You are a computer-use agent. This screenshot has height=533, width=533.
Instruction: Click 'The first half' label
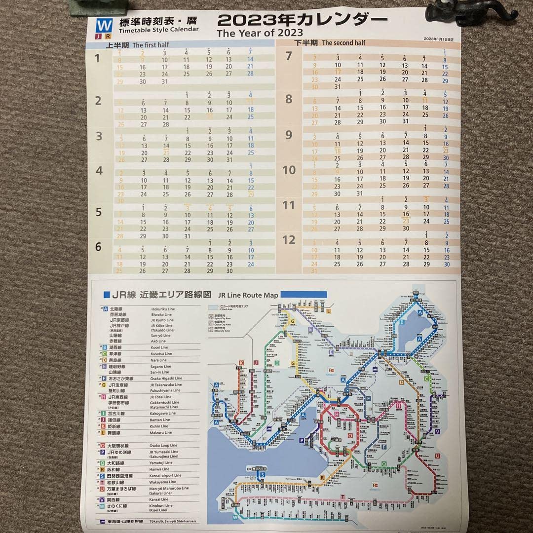[150, 45]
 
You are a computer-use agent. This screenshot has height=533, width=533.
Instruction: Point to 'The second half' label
[343, 43]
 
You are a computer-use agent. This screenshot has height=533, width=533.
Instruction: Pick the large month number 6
[98, 247]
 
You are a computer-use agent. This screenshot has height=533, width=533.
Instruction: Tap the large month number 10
[289, 171]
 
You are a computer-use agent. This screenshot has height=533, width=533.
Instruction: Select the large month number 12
[289, 240]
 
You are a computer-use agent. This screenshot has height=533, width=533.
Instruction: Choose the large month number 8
[289, 99]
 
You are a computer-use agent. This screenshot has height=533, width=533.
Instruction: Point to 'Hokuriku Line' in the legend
[163, 308]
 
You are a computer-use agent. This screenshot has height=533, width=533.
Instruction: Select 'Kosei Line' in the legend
[161, 347]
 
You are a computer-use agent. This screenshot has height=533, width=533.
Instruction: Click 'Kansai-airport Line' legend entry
[166, 475]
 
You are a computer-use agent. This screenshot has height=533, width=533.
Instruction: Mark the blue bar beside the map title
[304, 294]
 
